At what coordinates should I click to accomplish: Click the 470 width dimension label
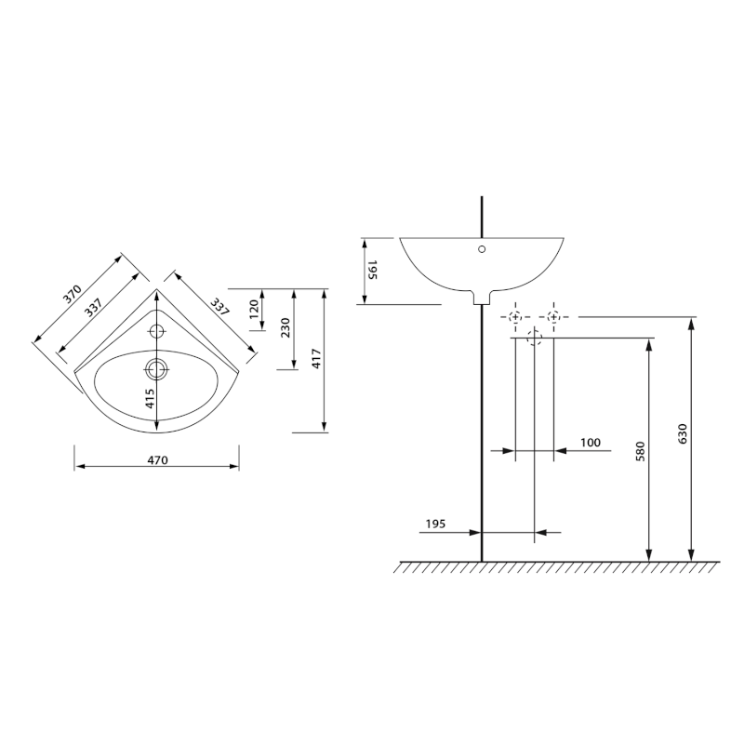157,459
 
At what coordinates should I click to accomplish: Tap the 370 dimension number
73,294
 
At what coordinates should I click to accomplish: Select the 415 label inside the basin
150,399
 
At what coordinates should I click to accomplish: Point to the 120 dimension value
254,310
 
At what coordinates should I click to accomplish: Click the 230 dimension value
286,328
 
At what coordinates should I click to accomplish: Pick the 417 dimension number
317,358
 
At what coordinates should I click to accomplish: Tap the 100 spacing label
591,443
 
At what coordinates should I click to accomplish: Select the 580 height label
641,451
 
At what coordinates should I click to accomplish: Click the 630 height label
683,433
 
